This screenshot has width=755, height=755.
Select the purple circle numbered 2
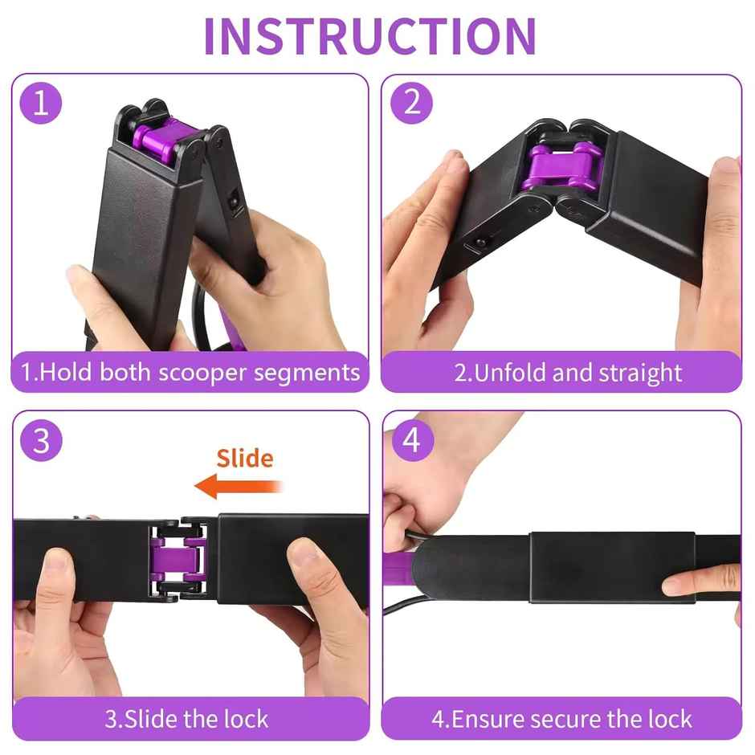pos(412,102)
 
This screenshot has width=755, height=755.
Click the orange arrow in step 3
pos(238,486)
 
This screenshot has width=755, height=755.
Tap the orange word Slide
pos(245,459)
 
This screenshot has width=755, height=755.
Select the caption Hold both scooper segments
pos(190,373)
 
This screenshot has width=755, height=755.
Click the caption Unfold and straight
pos(568,373)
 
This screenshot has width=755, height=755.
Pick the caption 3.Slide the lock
pos(187,718)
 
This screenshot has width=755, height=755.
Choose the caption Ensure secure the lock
pos(561,718)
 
